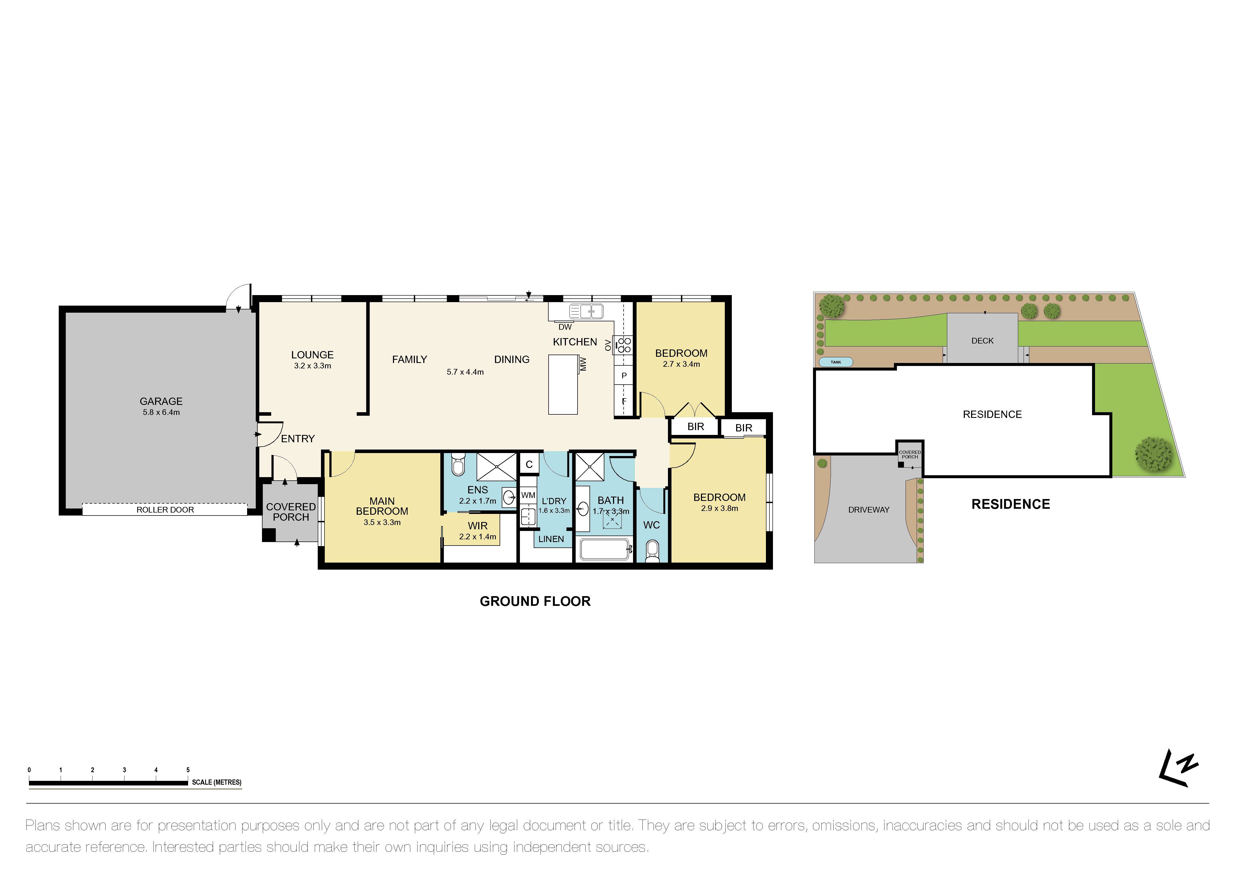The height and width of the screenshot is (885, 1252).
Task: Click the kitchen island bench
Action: click(x=563, y=384)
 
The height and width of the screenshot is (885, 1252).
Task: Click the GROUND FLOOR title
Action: click(x=535, y=601)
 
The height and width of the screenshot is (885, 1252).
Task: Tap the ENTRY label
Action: click(x=298, y=439)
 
